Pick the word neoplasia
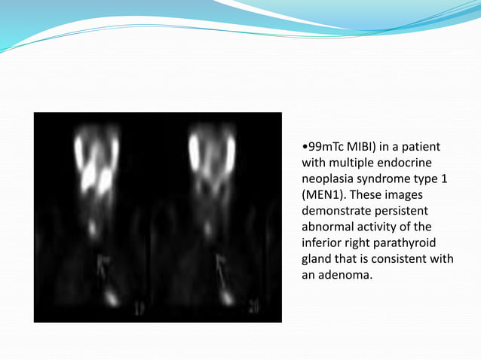click(x=326, y=178)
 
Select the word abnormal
click(x=326, y=227)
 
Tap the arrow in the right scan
click(x=221, y=268)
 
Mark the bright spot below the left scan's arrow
click(x=111, y=298)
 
